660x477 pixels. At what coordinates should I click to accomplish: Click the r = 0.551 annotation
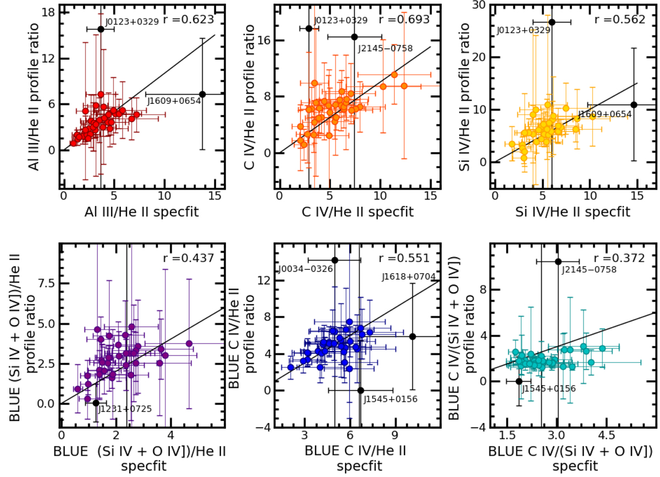click(405, 258)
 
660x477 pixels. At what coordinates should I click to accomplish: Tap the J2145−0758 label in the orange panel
click(385, 48)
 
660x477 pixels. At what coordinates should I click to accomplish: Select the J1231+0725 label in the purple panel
click(124, 408)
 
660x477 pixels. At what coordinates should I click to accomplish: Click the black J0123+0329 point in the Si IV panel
click(552, 22)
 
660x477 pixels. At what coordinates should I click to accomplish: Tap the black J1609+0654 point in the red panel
click(202, 94)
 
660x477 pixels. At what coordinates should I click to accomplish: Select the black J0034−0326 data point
click(334, 260)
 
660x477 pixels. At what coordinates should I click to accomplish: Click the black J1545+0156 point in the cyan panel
click(519, 381)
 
